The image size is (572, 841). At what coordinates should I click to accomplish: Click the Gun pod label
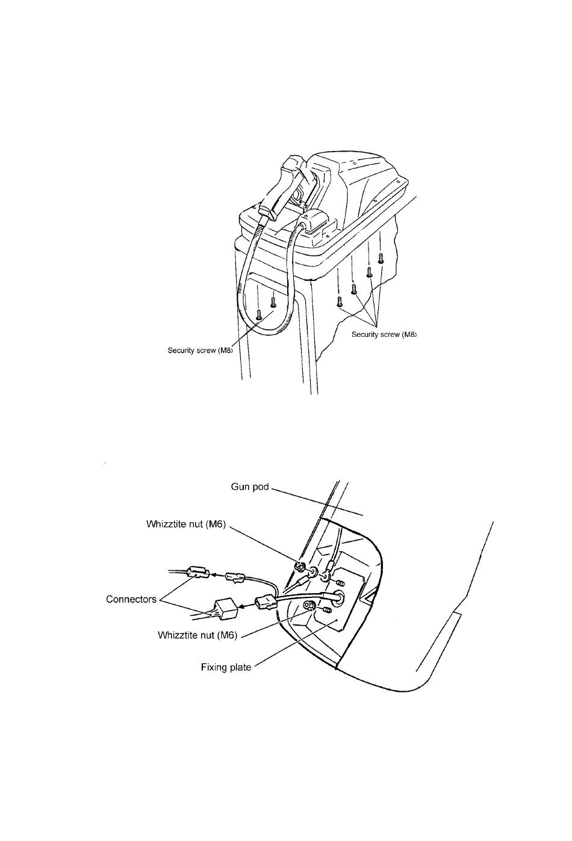249,487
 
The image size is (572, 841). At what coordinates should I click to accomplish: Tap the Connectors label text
131,599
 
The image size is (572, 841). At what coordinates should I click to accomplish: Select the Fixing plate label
226,667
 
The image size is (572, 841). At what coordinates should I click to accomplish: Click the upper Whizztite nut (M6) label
186,524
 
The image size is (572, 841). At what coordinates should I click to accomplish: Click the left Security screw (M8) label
201,350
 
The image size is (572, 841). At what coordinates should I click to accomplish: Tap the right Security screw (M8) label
384,334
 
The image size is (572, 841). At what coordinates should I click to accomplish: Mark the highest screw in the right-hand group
381,258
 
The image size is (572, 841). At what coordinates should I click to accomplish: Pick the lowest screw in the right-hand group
340,301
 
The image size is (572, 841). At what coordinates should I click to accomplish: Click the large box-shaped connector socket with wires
224,609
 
